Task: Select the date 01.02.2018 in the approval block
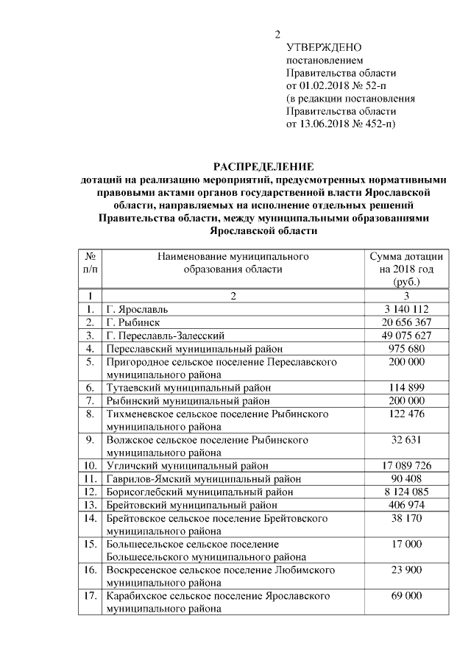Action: pyautogui.click(x=324, y=85)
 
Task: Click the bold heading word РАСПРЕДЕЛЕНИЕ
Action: pyautogui.click(x=263, y=166)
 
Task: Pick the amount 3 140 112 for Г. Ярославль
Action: pyautogui.click(x=406, y=309)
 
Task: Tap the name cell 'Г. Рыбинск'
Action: pyautogui.click(x=133, y=322)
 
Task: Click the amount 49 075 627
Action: pyautogui.click(x=406, y=336)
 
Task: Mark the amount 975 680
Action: pyautogui.click(x=406, y=349)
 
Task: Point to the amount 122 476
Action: pyautogui.click(x=406, y=414)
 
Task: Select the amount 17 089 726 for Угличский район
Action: pyautogui.click(x=406, y=466)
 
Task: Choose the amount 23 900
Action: pyautogui.click(x=406, y=570)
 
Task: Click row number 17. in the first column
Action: pyautogui.click(x=90, y=596)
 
